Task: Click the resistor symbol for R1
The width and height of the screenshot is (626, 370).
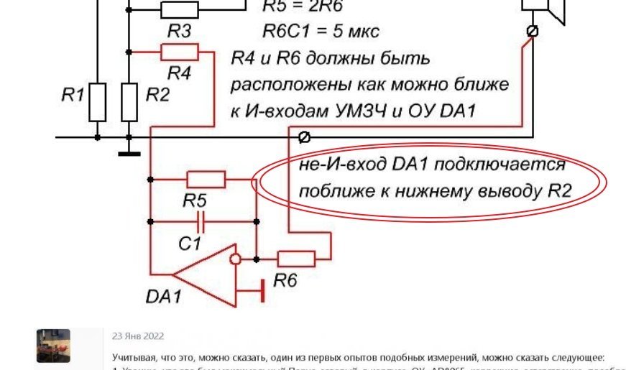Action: click(x=98, y=102)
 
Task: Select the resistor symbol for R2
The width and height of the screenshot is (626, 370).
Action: click(x=129, y=102)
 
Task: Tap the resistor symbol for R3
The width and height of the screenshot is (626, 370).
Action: click(x=179, y=9)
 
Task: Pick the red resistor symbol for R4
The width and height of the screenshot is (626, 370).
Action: click(x=179, y=52)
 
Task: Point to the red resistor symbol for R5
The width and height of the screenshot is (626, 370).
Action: click(x=206, y=179)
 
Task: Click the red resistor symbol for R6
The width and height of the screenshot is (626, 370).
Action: click(x=296, y=257)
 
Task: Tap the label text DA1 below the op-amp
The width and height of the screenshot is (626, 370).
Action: click(x=165, y=295)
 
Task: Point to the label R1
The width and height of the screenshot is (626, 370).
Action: click(x=73, y=93)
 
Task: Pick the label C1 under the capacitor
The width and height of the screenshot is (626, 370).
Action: click(x=190, y=243)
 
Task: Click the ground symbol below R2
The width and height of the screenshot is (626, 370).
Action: click(x=129, y=152)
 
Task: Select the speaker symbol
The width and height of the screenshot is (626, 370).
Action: click(x=547, y=11)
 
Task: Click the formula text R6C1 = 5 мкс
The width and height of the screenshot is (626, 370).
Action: click(x=320, y=32)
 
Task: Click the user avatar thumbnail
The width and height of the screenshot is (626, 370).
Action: click(x=53, y=346)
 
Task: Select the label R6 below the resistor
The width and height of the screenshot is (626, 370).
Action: click(x=285, y=280)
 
